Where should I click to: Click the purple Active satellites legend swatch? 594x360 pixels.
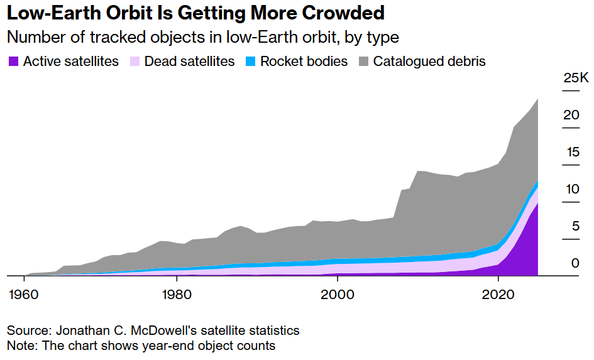pyautogui.click(x=13, y=62)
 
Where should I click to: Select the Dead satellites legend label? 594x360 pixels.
pyautogui.click(x=189, y=62)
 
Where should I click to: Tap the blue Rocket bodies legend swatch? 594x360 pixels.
pyautogui.click(x=250, y=62)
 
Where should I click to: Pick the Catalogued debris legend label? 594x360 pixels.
pyautogui.click(x=429, y=62)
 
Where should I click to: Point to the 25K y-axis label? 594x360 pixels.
pyautogui.click(x=575, y=79)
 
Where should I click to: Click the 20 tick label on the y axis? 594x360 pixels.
pyautogui.click(x=571, y=115)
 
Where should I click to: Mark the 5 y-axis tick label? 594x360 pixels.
pyautogui.click(x=575, y=226)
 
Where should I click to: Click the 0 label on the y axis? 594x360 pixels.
pyautogui.click(x=575, y=263)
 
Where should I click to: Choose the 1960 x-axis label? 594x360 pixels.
pyautogui.click(x=25, y=294)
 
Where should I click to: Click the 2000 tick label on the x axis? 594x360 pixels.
pyautogui.click(x=338, y=294)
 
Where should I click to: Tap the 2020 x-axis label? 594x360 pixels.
pyautogui.click(x=498, y=294)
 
